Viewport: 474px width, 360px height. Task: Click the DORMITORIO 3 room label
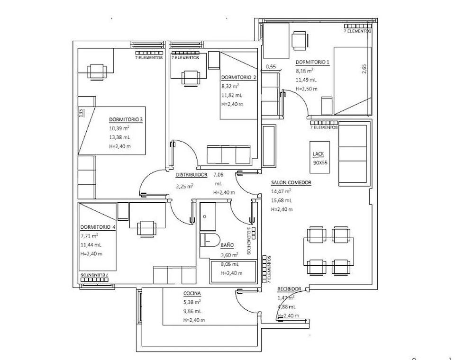coord(126,119)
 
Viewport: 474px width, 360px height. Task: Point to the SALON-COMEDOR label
coord(291,182)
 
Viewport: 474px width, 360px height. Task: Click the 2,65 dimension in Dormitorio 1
coord(364,69)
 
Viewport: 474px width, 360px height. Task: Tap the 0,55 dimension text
coord(271,67)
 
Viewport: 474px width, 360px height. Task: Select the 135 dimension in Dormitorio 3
coord(81,113)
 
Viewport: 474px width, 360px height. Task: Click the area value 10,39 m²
coord(119,128)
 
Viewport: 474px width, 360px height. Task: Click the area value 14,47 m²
coord(281,191)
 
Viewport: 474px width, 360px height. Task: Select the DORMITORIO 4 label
coord(98,227)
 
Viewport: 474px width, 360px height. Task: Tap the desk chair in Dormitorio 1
coord(299,40)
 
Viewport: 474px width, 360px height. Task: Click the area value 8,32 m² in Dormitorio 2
coord(230,86)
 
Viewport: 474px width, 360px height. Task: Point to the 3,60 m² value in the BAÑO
coord(229,254)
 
